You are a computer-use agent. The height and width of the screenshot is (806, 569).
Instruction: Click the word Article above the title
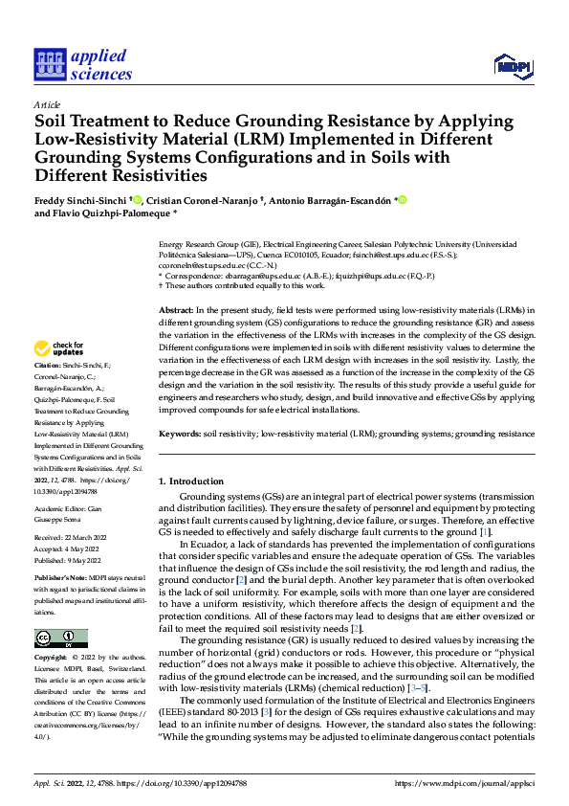[47, 104]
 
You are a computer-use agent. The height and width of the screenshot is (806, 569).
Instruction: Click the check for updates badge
[60, 349]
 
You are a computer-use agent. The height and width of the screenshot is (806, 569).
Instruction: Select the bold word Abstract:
[176, 311]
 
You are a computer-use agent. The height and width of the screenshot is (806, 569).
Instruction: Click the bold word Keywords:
[179, 434]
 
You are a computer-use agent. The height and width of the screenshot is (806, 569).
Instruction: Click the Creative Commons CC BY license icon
[60, 638]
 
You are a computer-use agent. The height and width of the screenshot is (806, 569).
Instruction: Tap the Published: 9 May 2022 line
[70, 560]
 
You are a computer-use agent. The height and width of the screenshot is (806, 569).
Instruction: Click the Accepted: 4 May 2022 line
[69, 550]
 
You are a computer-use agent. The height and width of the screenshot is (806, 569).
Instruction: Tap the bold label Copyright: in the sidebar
[50, 658]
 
